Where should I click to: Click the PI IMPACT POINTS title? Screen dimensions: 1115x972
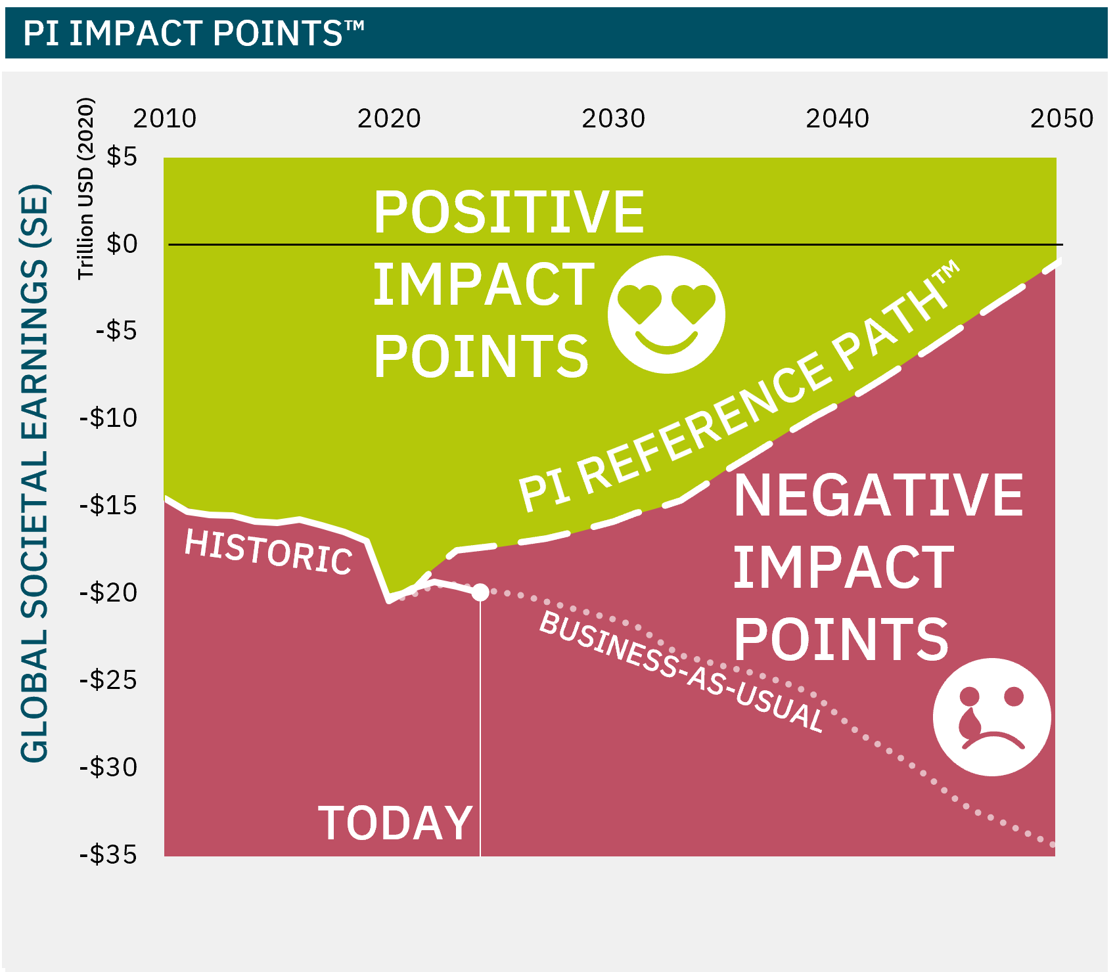point(193,32)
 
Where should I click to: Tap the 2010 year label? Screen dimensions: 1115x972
point(165,118)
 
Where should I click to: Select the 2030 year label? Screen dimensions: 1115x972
point(613,118)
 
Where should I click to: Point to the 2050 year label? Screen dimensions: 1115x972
point(1061,118)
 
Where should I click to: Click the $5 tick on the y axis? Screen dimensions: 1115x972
point(122,156)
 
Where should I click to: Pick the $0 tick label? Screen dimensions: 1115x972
point(122,244)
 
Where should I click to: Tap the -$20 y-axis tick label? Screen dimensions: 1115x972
point(108,592)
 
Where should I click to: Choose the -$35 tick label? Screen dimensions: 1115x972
point(108,854)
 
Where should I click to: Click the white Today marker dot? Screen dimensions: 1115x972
point(480,592)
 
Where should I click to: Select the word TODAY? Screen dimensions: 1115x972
point(396,823)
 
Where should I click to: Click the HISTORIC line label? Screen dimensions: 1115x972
point(268,553)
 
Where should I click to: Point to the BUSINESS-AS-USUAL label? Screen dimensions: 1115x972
point(681,671)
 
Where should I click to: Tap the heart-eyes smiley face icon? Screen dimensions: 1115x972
point(666,315)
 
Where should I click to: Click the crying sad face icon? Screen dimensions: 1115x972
point(991,717)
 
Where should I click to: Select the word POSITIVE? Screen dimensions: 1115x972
point(509,211)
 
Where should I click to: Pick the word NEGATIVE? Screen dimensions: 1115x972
point(878,495)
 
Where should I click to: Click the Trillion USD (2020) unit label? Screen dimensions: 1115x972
point(86,188)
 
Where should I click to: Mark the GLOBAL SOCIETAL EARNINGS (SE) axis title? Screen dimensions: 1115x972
point(35,474)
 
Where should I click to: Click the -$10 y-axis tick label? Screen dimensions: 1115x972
point(108,418)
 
